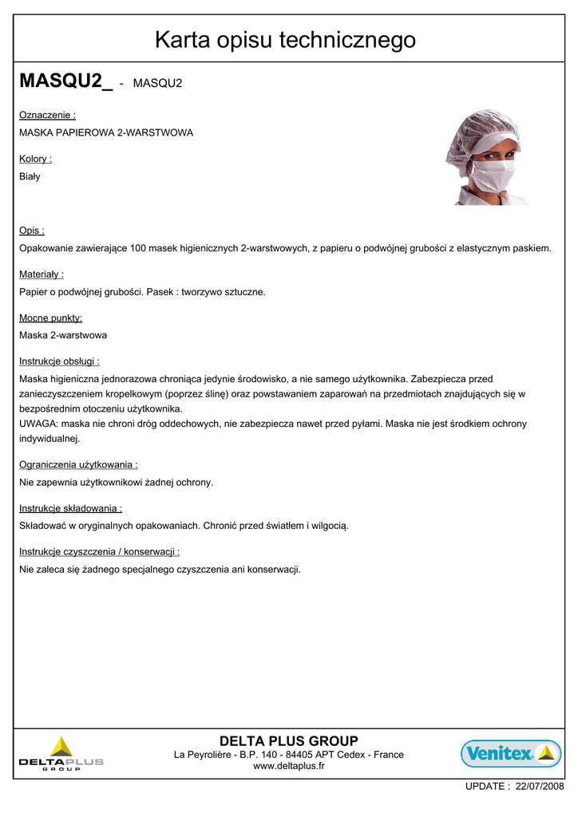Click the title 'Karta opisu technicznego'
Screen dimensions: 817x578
[x=285, y=39]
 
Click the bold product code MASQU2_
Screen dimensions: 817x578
[x=65, y=81]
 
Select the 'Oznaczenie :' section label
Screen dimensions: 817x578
[x=47, y=115]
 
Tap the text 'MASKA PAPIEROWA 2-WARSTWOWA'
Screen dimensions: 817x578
[x=106, y=132]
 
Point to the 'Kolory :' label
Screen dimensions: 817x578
[x=35, y=159]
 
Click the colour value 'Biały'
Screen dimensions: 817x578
[x=30, y=176]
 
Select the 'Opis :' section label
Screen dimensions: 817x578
[x=32, y=231]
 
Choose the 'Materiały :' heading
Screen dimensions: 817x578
[x=42, y=274]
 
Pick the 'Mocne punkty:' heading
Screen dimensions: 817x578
[x=50, y=318]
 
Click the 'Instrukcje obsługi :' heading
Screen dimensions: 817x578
[x=59, y=361]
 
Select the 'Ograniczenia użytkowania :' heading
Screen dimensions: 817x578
[x=78, y=464]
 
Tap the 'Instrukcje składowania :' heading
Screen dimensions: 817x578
[x=70, y=507]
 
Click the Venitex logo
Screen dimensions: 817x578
[x=511, y=753]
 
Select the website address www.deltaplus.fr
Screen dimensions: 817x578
[x=288, y=767]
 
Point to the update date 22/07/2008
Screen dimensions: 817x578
[x=540, y=786]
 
